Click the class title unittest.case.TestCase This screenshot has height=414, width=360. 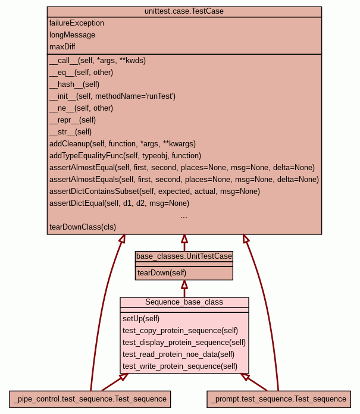(184, 11)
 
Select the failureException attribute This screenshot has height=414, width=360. (77, 23)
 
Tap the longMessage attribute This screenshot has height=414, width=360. (72, 35)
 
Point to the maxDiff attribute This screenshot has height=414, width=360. (62, 47)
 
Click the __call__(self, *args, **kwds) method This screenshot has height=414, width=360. (98, 61)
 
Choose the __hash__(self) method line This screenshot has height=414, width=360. (74, 84)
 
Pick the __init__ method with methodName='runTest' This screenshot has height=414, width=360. (112, 96)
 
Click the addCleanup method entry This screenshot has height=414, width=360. (122, 144)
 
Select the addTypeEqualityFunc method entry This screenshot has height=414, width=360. (125, 156)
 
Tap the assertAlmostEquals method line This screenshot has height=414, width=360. (184, 180)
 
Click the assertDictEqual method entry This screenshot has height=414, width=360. (119, 203)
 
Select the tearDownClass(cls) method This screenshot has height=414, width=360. (83, 227)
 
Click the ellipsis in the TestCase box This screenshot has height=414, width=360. (184, 216)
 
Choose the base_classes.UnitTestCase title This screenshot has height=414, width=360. (184, 256)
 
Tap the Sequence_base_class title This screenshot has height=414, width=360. (184, 302)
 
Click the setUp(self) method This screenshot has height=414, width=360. (141, 319)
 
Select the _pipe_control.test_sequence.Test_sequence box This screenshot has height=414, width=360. (90, 399)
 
